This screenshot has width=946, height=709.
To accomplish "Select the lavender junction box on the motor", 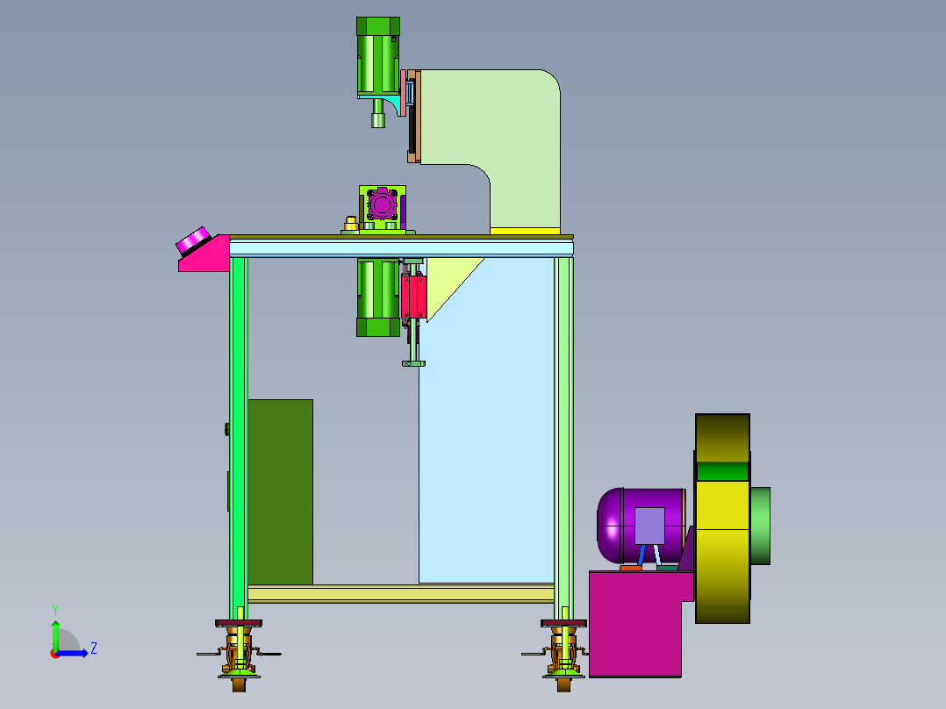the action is [649, 526].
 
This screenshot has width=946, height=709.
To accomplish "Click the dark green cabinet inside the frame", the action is [281, 491].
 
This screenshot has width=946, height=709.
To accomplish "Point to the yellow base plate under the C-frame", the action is [525, 231].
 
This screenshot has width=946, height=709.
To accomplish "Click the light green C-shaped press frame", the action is [519, 121].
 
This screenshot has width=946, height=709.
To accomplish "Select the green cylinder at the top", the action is [378, 56].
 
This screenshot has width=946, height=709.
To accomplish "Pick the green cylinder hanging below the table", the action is [378, 297].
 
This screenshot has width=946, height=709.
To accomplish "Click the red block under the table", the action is [414, 297].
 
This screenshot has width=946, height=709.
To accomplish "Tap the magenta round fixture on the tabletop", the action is [382, 204].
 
